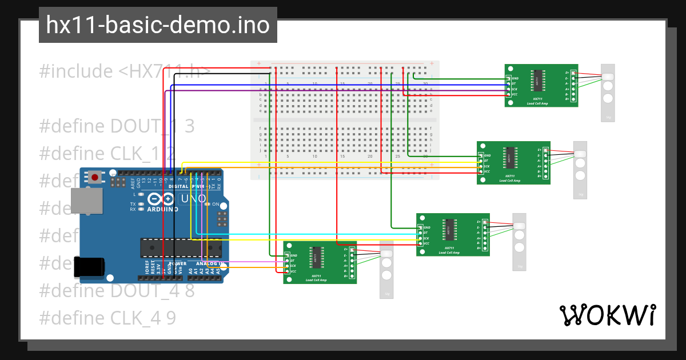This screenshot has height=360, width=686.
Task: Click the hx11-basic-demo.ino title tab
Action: coord(158,25)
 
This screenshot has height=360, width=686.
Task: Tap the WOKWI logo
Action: coord(607,315)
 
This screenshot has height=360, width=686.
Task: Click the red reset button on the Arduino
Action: coord(94,178)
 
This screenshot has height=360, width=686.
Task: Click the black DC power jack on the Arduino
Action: coord(89,266)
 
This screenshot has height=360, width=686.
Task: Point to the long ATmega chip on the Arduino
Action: coord(181,247)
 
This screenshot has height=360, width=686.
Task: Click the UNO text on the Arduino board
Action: coord(192,199)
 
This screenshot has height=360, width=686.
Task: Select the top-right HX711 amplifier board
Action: coord(541,85)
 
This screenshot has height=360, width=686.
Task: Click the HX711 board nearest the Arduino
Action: coord(320,262)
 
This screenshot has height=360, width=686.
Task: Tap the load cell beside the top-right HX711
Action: coord(608,93)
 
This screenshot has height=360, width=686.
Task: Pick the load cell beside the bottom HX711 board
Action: coord(386,269)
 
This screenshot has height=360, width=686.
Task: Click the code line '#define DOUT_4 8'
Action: coord(117,290)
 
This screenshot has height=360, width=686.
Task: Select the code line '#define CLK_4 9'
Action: coord(107,318)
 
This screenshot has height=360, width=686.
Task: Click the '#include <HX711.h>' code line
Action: coord(125,71)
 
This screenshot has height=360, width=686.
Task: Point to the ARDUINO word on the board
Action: coord(162,209)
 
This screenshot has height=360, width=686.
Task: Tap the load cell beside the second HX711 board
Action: coord(580,170)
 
